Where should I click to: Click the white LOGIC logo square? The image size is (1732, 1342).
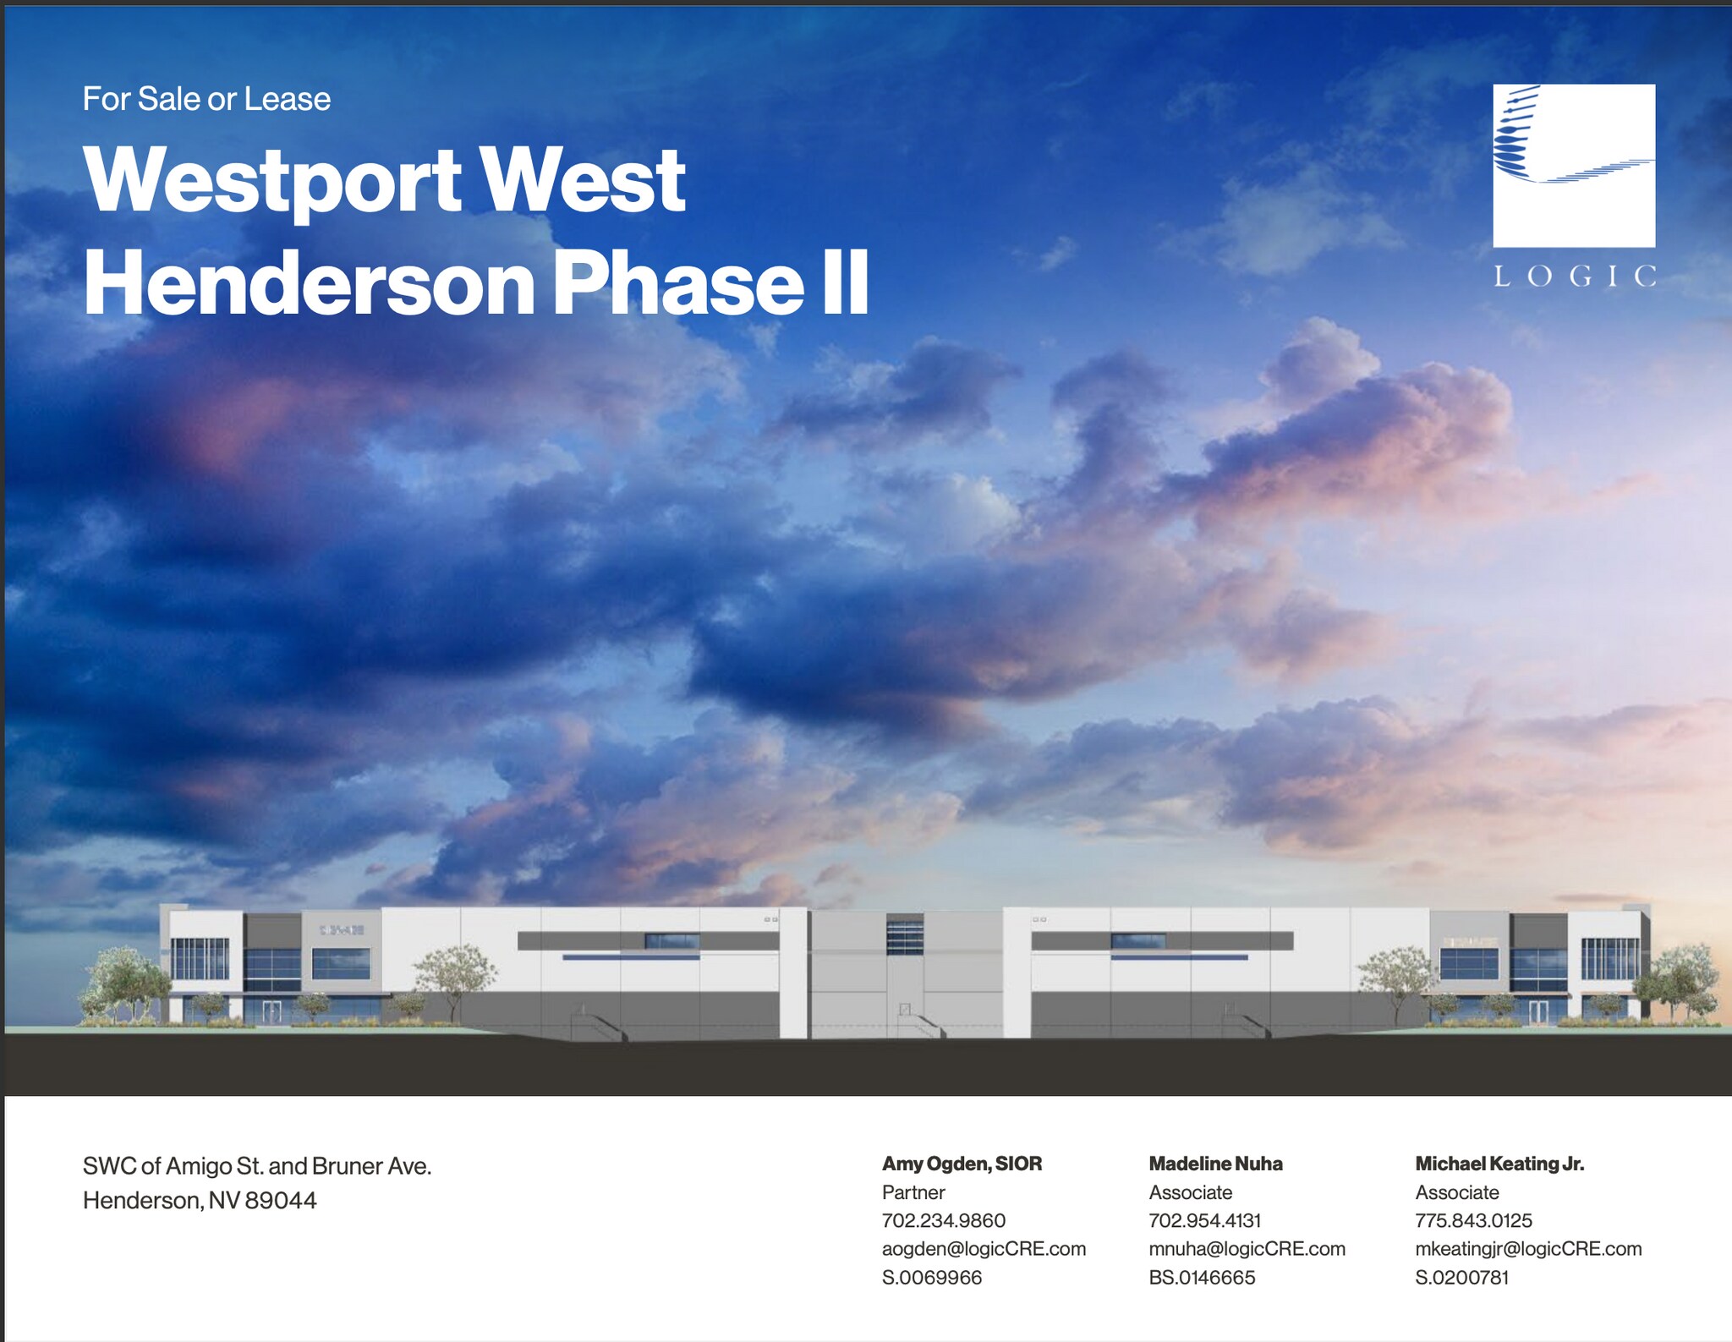(x=1574, y=165)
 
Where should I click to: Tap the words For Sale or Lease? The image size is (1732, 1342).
(x=206, y=99)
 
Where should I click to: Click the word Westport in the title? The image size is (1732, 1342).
(x=273, y=180)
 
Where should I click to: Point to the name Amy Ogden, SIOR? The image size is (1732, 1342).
(x=962, y=1164)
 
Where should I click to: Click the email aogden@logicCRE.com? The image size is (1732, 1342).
(x=984, y=1249)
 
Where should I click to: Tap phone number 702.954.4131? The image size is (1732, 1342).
(x=1204, y=1220)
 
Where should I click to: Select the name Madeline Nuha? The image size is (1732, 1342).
(x=1215, y=1164)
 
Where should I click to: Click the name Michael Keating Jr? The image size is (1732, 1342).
(x=1499, y=1164)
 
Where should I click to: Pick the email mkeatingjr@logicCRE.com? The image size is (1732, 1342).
(x=1528, y=1249)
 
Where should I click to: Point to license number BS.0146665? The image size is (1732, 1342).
(x=1202, y=1277)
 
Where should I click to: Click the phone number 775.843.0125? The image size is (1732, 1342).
(x=1473, y=1220)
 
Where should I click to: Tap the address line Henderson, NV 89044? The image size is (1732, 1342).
(x=200, y=1200)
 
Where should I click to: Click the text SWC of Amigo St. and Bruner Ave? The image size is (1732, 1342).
(x=257, y=1166)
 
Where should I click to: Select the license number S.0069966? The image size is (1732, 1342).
(x=932, y=1277)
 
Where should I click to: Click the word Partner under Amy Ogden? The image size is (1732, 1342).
(x=913, y=1192)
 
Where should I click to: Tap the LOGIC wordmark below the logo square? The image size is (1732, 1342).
(x=1575, y=277)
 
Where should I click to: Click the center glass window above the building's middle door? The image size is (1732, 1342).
(x=905, y=934)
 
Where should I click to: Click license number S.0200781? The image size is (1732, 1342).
(x=1461, y=1277)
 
